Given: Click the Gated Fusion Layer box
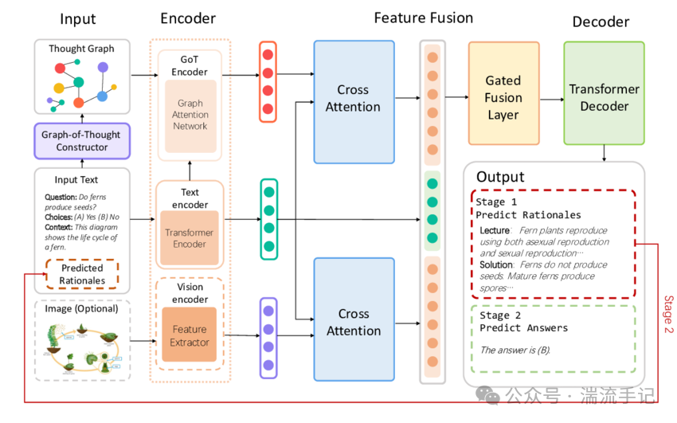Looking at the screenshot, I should pos(503,97).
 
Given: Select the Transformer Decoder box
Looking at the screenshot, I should pos(604,97).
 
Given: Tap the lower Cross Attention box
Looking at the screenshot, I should pos(354,322).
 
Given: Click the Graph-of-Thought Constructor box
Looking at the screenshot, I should pos(81,142).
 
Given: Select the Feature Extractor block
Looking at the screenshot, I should pos(190,335).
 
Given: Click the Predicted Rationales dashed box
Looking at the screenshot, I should pos(82,275).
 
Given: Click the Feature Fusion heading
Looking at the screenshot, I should pos(425,18).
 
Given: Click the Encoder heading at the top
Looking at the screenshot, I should pos(189,18).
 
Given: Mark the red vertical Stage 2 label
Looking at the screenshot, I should pos(668,315).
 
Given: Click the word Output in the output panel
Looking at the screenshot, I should pos(500,176).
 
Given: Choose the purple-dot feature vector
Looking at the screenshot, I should pos(268,337).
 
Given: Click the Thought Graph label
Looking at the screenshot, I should pos(81,49).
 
